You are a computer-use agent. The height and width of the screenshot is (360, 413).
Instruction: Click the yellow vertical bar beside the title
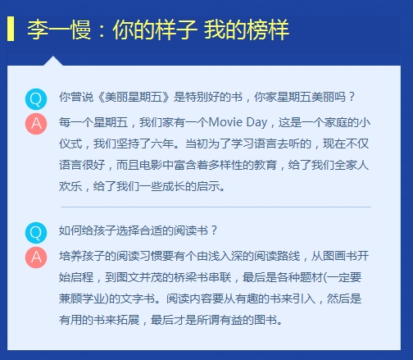[x=11, y=29]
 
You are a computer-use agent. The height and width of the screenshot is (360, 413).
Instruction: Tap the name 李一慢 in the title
[x=59, y=30]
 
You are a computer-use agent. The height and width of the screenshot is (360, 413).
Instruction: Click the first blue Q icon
[x=36, y=99]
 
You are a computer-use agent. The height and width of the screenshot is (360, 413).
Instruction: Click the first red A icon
[x=36, y=124]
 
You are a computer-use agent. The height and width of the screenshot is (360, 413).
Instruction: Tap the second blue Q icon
[x=36, y=233]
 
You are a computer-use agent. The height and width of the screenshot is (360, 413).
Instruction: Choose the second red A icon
[x=36, y=257]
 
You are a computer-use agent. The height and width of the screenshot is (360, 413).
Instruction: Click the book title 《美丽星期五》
[x=134, y=97]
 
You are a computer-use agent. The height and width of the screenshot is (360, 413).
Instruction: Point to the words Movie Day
[x=238, y=122]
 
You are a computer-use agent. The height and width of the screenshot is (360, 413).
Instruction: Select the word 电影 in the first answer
[x=151, y=165]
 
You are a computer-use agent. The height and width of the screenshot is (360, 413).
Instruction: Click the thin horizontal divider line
[x=216, y=207]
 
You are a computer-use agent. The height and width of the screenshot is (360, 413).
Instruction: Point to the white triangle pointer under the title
[x=53, y=62]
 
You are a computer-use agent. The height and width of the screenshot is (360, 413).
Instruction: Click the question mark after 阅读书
[x=214, y=230]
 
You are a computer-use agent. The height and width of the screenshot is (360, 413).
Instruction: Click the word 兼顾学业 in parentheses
[x=82, y=298]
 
